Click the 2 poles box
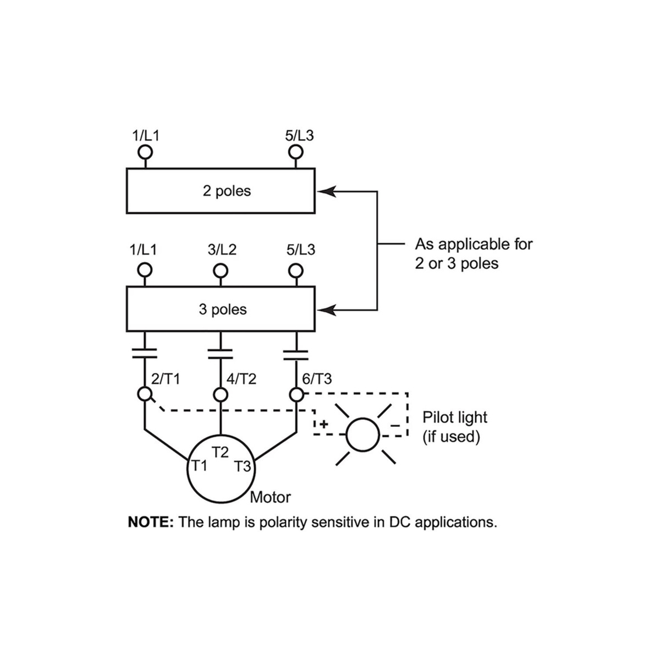coord(221,191)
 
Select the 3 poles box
coord(221,309)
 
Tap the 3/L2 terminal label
coord(222,250)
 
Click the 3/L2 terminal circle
coord(221,270)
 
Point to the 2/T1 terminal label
coord(165,379)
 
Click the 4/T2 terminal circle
coord(221,394)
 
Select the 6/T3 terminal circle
coord(296,394)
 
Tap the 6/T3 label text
coord(317,379)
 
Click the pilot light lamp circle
coord(362,435)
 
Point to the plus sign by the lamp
coord(324,424)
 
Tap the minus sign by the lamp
coord(395,425)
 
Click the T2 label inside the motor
coord(221,453)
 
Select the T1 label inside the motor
coord(199,466)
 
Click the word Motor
coord(270,497)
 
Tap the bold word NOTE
coord(151,522)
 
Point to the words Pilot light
coord(454,417)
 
